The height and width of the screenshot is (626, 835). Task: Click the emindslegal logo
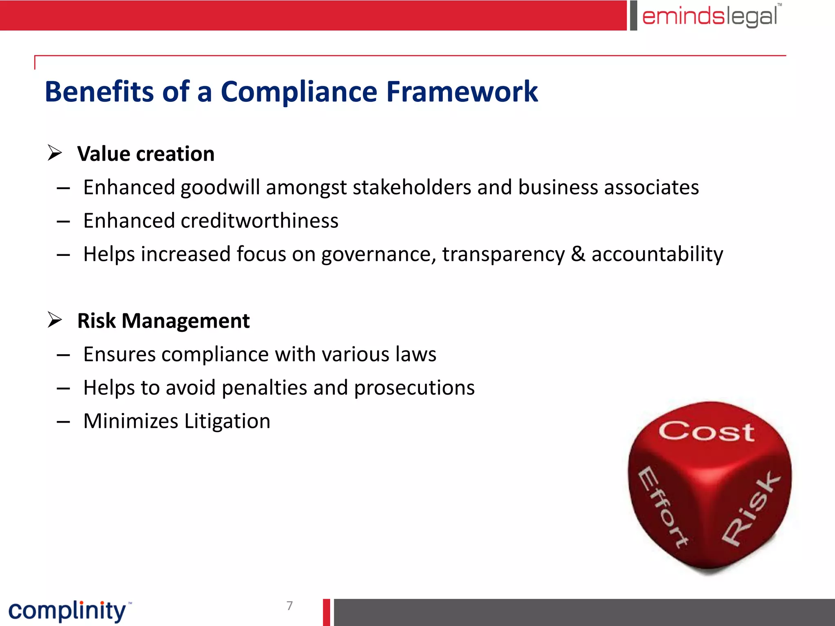tap(710, 16)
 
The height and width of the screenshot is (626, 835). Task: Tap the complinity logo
tap(68, 611)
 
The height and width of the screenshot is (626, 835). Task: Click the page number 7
tap(289, 606)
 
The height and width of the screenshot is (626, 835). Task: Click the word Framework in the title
tap(462, 91)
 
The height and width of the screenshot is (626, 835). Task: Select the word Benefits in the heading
tap(99, 91)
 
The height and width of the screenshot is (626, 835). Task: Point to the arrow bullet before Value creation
tap(55, 153)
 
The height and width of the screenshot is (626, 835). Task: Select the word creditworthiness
tap(259, 220)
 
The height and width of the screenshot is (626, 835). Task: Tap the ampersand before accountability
tap(578, 254)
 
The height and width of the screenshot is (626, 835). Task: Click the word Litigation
tap(227, 421)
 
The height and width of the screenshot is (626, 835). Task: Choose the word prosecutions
tap(414, 388)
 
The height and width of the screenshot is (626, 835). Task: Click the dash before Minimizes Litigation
tap(63, 422)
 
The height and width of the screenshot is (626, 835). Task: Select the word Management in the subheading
tap(186, 321)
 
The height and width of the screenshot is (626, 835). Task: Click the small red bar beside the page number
tap(327, 612)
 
